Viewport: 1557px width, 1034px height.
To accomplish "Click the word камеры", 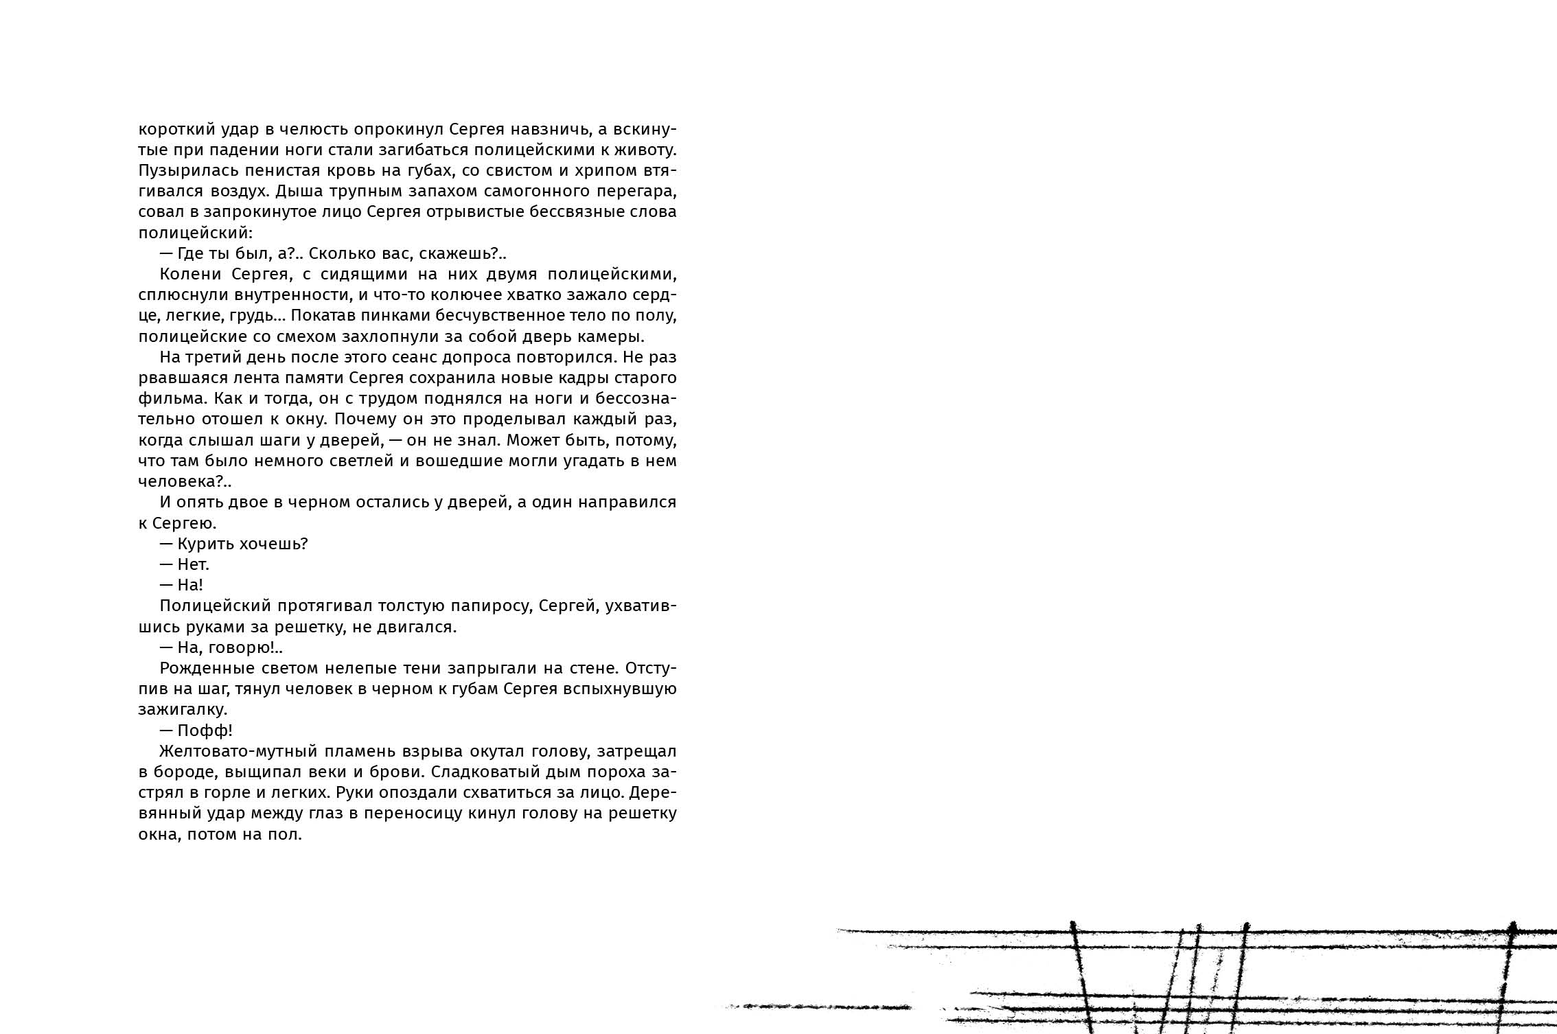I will pyautogui.click(x=612, y=336).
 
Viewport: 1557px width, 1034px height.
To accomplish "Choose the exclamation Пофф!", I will pyautogui.click(x=205, y=731).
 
